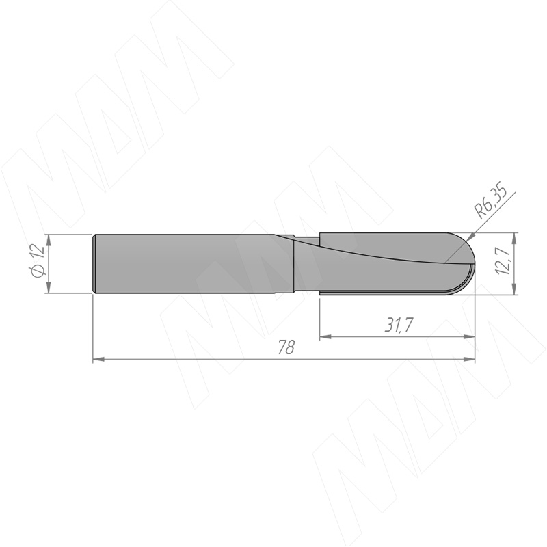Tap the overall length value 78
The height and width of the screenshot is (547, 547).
286,347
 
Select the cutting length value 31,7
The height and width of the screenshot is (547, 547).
399,325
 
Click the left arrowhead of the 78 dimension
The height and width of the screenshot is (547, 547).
98,358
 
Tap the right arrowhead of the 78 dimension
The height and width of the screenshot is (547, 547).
469,358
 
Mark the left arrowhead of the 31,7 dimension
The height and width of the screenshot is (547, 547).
326,336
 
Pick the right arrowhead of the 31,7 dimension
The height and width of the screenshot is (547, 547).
469,336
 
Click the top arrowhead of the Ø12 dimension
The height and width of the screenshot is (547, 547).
49,240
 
